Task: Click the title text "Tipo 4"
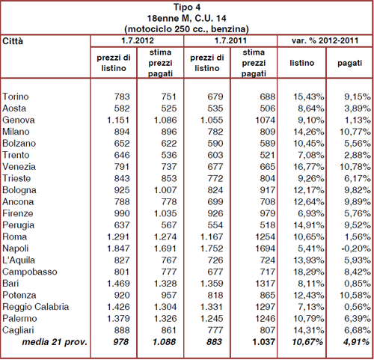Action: (x=187, y=7)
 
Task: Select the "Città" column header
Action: (x=13, y=41)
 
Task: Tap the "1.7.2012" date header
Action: (x=138, y=40)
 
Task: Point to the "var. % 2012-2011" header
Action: (x=325, y=40)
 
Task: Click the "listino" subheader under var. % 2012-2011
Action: (x=301, y=63)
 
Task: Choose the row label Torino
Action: (x=16, y=97)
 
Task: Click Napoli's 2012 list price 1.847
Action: (x=118, y=248)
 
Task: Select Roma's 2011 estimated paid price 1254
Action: (x=265, y=237)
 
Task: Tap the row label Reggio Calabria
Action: (x=36, y=307)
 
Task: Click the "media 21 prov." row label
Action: (x=55, y=342)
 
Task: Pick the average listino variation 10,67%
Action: (x=307, y=342)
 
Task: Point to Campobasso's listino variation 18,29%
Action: (x=309, y=272)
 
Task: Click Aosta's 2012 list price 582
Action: (x=122, y=109)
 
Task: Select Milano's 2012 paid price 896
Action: (x=169, y=132)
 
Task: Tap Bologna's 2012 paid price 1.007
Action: (x=165, y=190)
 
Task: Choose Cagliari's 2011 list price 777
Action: (x=215, y=330)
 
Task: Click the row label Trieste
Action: (x=16, y=178)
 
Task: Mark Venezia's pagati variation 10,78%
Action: (x=355, y=167)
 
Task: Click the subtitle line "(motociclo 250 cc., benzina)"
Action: (x=186, y=29)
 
